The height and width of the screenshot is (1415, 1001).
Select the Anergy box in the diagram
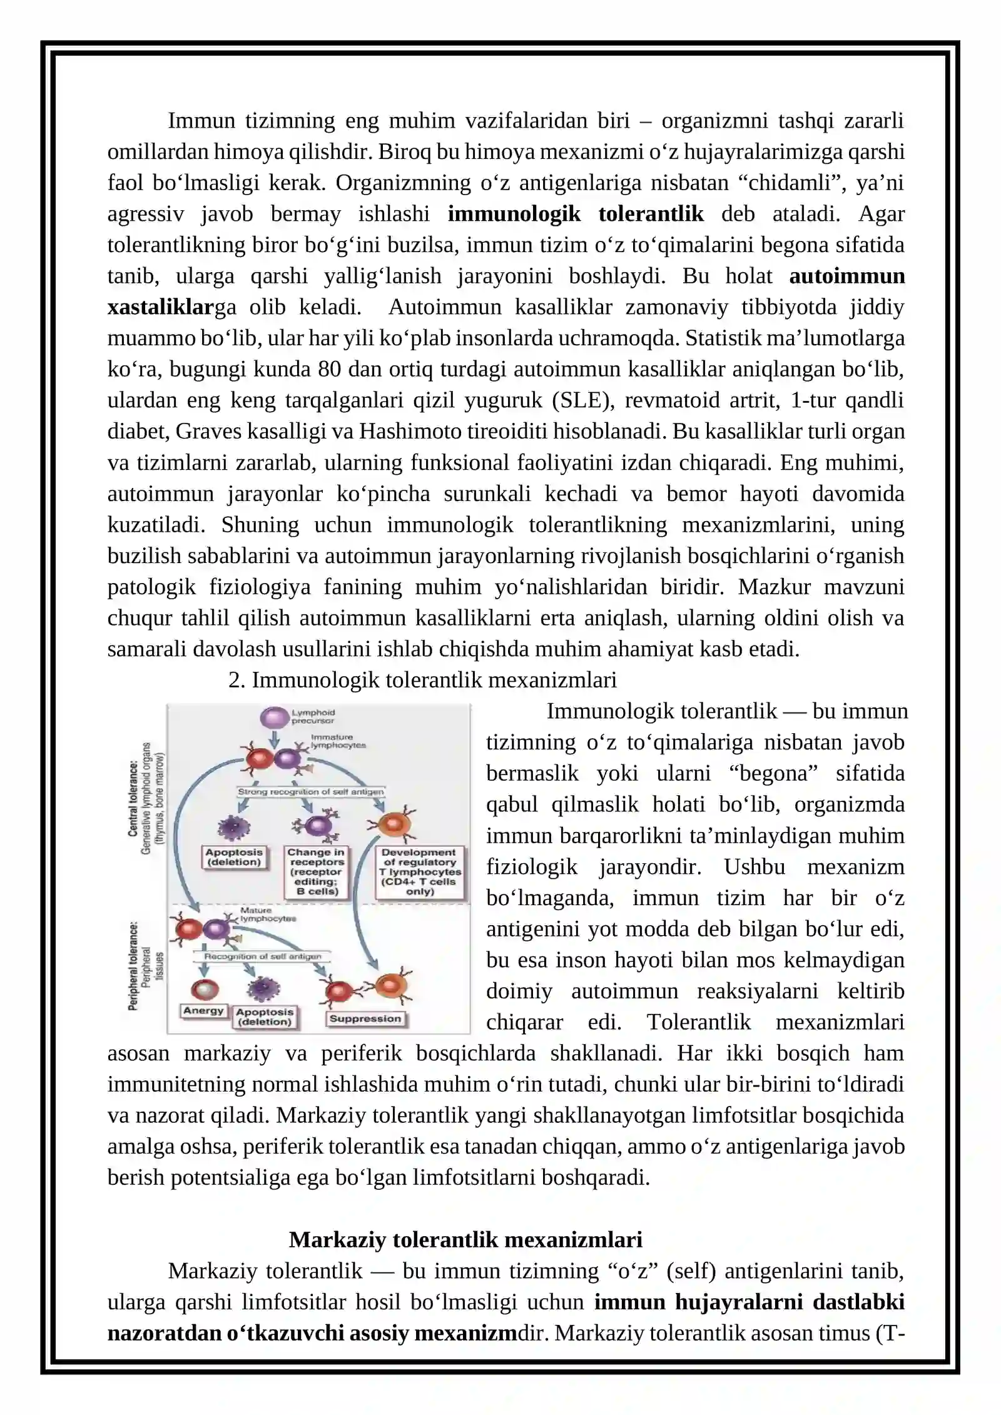203,1010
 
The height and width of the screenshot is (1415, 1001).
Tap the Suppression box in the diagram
365,1018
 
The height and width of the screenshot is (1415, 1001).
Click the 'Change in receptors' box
316,872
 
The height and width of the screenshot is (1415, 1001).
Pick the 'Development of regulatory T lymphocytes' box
420,872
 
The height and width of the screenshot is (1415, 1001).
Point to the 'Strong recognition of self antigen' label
310,792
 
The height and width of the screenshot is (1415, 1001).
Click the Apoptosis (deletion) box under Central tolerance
234,857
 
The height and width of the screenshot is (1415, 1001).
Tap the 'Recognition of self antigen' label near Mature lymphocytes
263,956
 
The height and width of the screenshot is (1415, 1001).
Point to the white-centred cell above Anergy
205,990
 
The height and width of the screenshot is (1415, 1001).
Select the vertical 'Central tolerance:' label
133,798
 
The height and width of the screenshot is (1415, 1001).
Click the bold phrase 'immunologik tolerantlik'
576,214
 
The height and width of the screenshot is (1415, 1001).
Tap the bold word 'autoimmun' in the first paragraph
846,276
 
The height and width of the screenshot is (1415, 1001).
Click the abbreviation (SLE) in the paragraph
581,400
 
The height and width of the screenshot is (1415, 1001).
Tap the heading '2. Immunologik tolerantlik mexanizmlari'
422,680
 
